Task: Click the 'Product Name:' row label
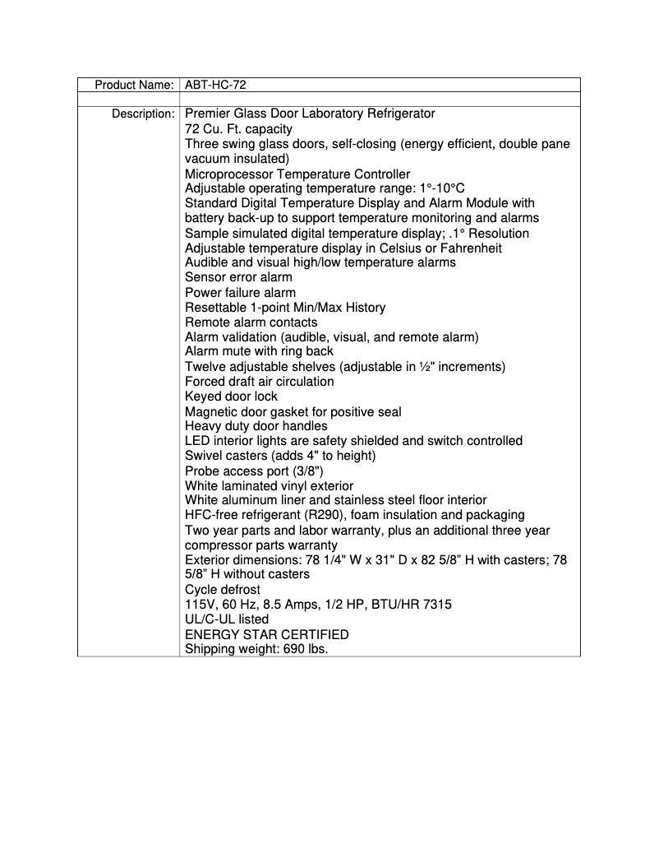[134, 85]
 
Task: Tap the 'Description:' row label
[142, 114]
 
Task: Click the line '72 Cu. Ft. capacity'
[238, 129]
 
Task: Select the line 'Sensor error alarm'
[238, 277]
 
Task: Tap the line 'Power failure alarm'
[240, 292]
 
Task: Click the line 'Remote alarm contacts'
[251, 322]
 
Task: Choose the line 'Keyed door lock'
[231, 396]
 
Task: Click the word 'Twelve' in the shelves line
[205, 366]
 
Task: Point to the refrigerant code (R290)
[308, 515]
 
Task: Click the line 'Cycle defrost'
[223, 590]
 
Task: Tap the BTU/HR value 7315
[436, 605]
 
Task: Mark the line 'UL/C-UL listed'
[227, 619]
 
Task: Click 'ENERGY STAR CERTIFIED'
[266, 634]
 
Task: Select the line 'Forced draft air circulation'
[260, 381]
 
